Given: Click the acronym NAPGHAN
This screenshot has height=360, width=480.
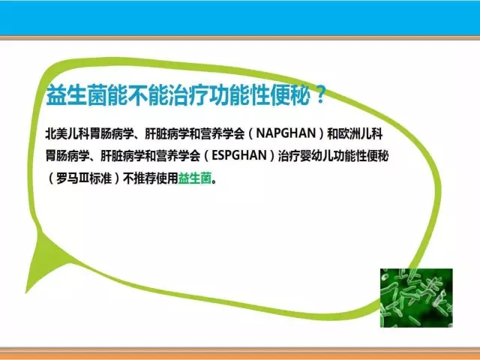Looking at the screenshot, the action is click(x=286, y=133).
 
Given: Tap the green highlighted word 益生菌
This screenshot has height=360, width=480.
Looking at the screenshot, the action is click(x=195, y=178).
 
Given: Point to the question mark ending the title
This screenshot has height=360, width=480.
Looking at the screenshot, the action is click(x=320, y=95).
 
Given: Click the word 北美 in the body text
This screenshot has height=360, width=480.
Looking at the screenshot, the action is click(x=56, y=133).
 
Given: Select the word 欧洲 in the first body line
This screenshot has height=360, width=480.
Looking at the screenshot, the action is click(x=349, y=133).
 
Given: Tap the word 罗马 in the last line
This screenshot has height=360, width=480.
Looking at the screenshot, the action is click(x=67, y=178).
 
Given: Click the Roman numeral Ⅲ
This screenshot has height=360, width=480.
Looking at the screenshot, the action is click(x=84, y=178).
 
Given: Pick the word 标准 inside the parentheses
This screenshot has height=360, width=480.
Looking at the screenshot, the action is click(x=100, y=178).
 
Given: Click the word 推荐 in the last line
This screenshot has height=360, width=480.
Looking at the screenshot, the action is click(x=145, y=178).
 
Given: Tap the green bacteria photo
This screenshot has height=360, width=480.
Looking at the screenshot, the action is click(x=416, y=298).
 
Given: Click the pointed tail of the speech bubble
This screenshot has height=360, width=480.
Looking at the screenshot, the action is click(x=26, y=292).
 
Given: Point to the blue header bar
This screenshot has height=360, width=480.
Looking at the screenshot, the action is click(x=240, y=18).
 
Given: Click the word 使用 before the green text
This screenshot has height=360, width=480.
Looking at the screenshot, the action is click(x=167, y=178).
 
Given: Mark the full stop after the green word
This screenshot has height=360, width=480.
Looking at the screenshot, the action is click(x=214, y=181).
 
